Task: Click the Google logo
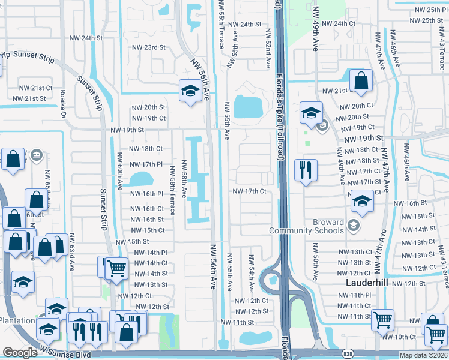(20, 353)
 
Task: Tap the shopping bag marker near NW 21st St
(361, 81)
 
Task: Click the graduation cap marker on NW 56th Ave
(190, 91)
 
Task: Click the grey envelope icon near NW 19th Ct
(323, 125)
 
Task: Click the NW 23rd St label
(148, 47)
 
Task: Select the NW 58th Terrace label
(172, 191)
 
